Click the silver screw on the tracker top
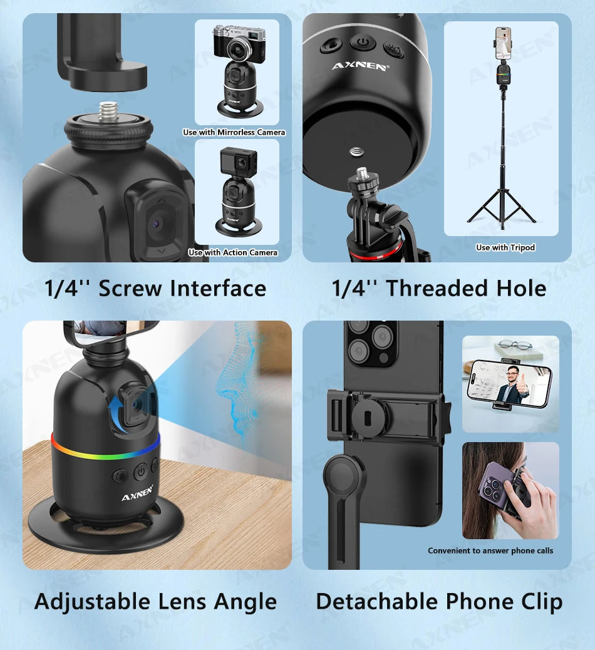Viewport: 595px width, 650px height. [x=110, y=112]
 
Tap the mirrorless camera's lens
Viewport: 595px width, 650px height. [x=240, y=48]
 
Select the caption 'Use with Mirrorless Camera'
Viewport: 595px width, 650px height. [x=234, y=132]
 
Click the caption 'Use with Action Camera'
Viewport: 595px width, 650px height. [x=233, y=252]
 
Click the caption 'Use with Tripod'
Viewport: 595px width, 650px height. [x=505, y=247]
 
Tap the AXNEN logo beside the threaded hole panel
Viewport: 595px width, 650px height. [x=359, y=66]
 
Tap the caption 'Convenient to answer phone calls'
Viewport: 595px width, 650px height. [x=490, y=550]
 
